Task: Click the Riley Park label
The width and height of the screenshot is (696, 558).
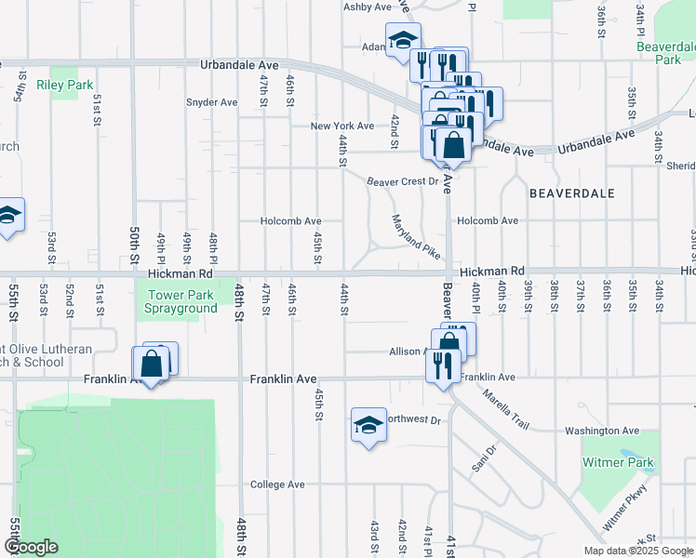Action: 65,85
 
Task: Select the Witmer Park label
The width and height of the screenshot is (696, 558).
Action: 618,462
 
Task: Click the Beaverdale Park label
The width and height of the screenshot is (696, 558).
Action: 666,52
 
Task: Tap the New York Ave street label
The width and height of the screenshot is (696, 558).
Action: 341,126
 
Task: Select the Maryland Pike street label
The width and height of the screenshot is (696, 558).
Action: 415,237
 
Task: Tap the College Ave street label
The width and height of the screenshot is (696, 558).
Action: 277,485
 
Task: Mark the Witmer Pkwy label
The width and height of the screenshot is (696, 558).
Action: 623,512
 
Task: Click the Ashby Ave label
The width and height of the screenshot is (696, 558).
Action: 368,7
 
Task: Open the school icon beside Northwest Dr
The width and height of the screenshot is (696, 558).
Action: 368,425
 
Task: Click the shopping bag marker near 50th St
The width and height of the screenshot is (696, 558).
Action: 150,364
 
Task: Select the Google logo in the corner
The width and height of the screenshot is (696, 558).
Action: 32,547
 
